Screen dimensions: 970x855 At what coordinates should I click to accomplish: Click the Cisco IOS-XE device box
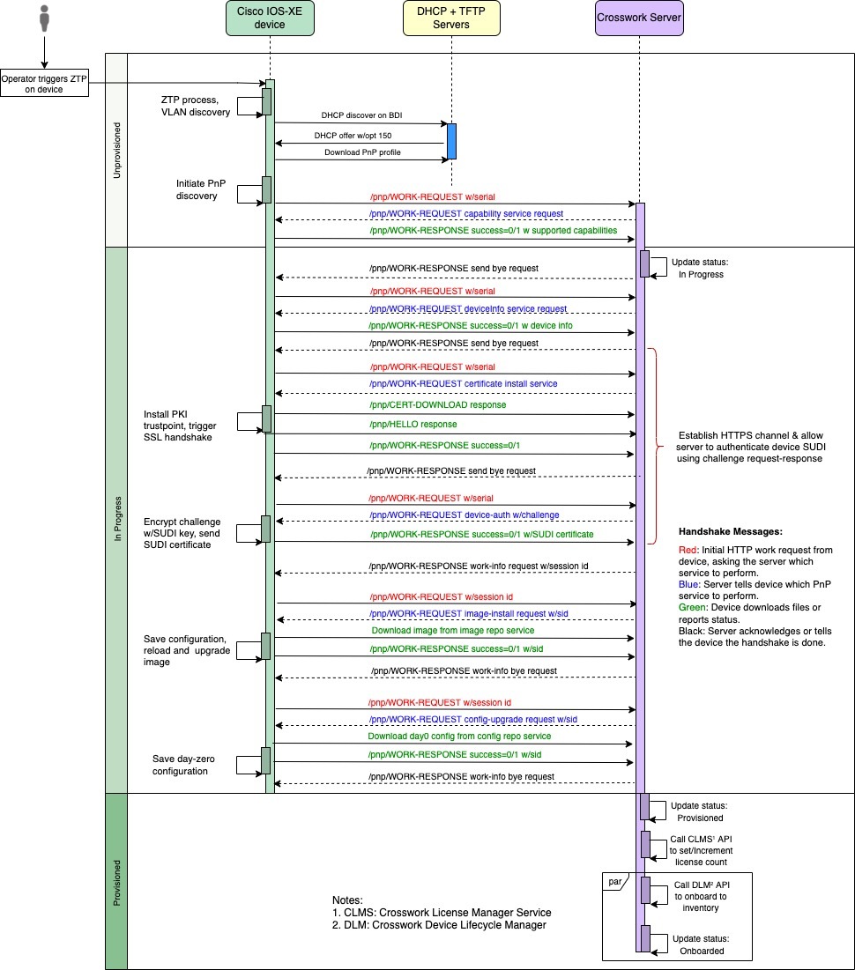point(270,19)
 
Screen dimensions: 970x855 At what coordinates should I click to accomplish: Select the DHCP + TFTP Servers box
point(450,19)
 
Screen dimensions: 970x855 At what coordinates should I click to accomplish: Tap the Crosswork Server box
point(639,19)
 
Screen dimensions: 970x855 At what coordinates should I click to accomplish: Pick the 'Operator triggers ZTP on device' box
point(44,84)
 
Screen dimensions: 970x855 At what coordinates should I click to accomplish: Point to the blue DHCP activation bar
point(451,141)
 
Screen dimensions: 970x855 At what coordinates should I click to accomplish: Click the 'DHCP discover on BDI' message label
point(361,115)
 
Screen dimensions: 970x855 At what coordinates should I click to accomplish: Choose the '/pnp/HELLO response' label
point(413,424)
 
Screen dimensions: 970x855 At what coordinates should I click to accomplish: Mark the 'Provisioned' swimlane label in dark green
point(116,881)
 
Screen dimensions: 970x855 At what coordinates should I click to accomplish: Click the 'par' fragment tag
point(613,880)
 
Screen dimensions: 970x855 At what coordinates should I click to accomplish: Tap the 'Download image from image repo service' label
point(452,631)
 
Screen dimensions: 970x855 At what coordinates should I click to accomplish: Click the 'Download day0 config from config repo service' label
point(459,736)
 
